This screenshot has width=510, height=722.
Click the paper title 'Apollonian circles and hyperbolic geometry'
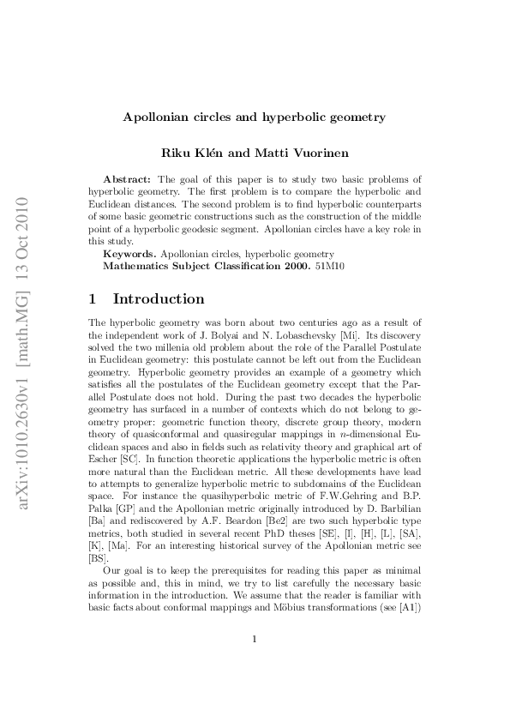click(x=254, y=116)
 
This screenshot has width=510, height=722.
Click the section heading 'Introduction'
click(x=159, y=299)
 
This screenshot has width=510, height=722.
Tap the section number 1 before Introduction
click(x=93, y=299)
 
